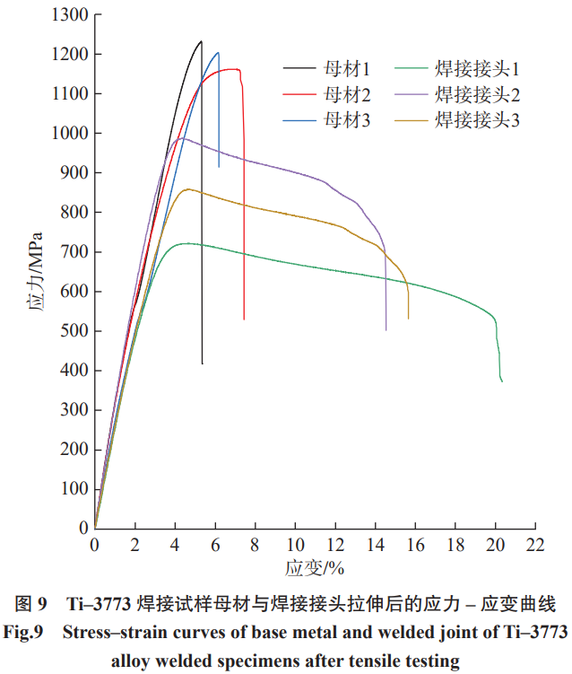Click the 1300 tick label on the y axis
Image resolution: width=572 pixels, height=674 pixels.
(x=70, y=15)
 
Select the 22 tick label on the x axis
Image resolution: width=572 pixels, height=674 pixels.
(x=535, y=545)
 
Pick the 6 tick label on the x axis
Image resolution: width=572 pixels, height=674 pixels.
(x=215, y=545)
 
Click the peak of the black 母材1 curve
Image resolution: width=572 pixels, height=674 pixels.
(x=201, y=40)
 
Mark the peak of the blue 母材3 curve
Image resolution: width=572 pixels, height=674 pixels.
(x=217, y=52)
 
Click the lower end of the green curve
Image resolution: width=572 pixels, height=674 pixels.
(x=502, y=381)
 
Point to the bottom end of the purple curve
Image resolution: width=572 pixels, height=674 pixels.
(x=386, y=330)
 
